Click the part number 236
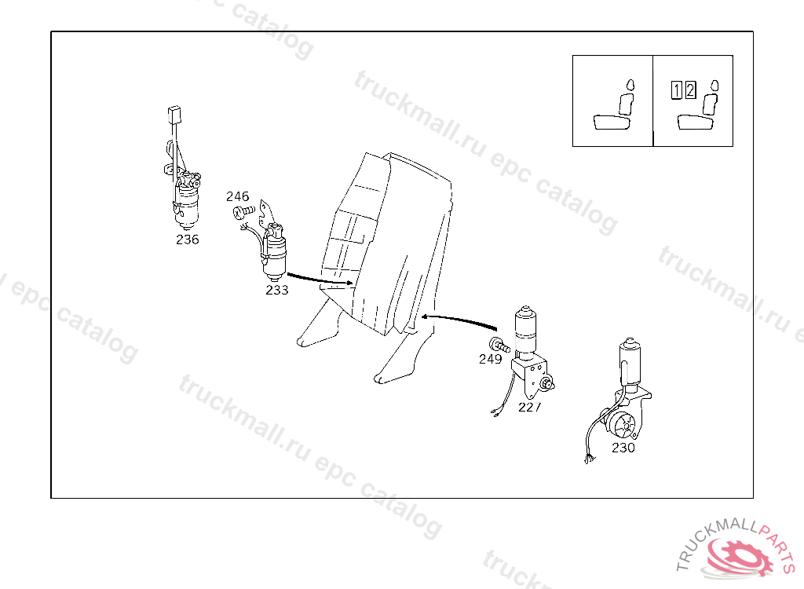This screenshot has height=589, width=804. (187, 240)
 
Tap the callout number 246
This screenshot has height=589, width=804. (237, 196)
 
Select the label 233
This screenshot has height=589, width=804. (277, 291)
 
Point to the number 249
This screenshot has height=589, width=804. (490, 359)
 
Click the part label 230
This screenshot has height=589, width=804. (623, 448)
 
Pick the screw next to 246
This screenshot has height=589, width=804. (244, 211)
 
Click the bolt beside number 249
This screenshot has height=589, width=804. (499, 346)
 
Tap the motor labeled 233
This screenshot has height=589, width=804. (274, 252)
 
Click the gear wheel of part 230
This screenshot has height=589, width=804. (626, 424)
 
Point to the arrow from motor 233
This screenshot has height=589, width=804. (320, 279)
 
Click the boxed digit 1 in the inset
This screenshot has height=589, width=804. (677, 90)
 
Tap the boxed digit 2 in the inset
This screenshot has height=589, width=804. (690, 90)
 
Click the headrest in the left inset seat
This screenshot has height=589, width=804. (630, 85)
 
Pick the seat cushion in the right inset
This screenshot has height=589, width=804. (696, 122)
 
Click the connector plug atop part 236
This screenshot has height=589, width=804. (174, 115)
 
